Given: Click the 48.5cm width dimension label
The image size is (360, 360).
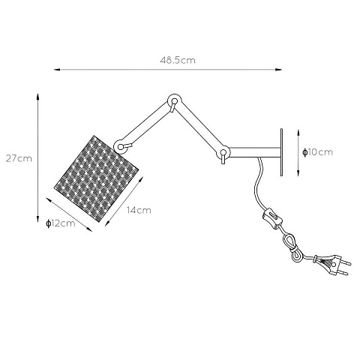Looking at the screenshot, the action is coord(178,60).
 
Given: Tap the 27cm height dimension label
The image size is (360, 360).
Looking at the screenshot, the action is coord(19,158).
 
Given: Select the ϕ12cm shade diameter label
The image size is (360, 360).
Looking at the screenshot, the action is coord(61,223).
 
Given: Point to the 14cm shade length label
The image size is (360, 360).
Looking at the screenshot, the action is coord(139,210).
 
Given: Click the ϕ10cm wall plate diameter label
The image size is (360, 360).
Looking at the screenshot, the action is coord(317,152).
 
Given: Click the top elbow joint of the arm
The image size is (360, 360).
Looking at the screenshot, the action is coord(174,101).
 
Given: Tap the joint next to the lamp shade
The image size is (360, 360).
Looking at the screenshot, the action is coord(121,146).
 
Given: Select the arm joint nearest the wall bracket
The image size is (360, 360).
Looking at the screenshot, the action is coord(223,153).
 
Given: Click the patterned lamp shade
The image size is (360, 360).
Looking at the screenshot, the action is coord(96,178).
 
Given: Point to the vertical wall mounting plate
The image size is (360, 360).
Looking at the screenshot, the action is coord(281,152).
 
